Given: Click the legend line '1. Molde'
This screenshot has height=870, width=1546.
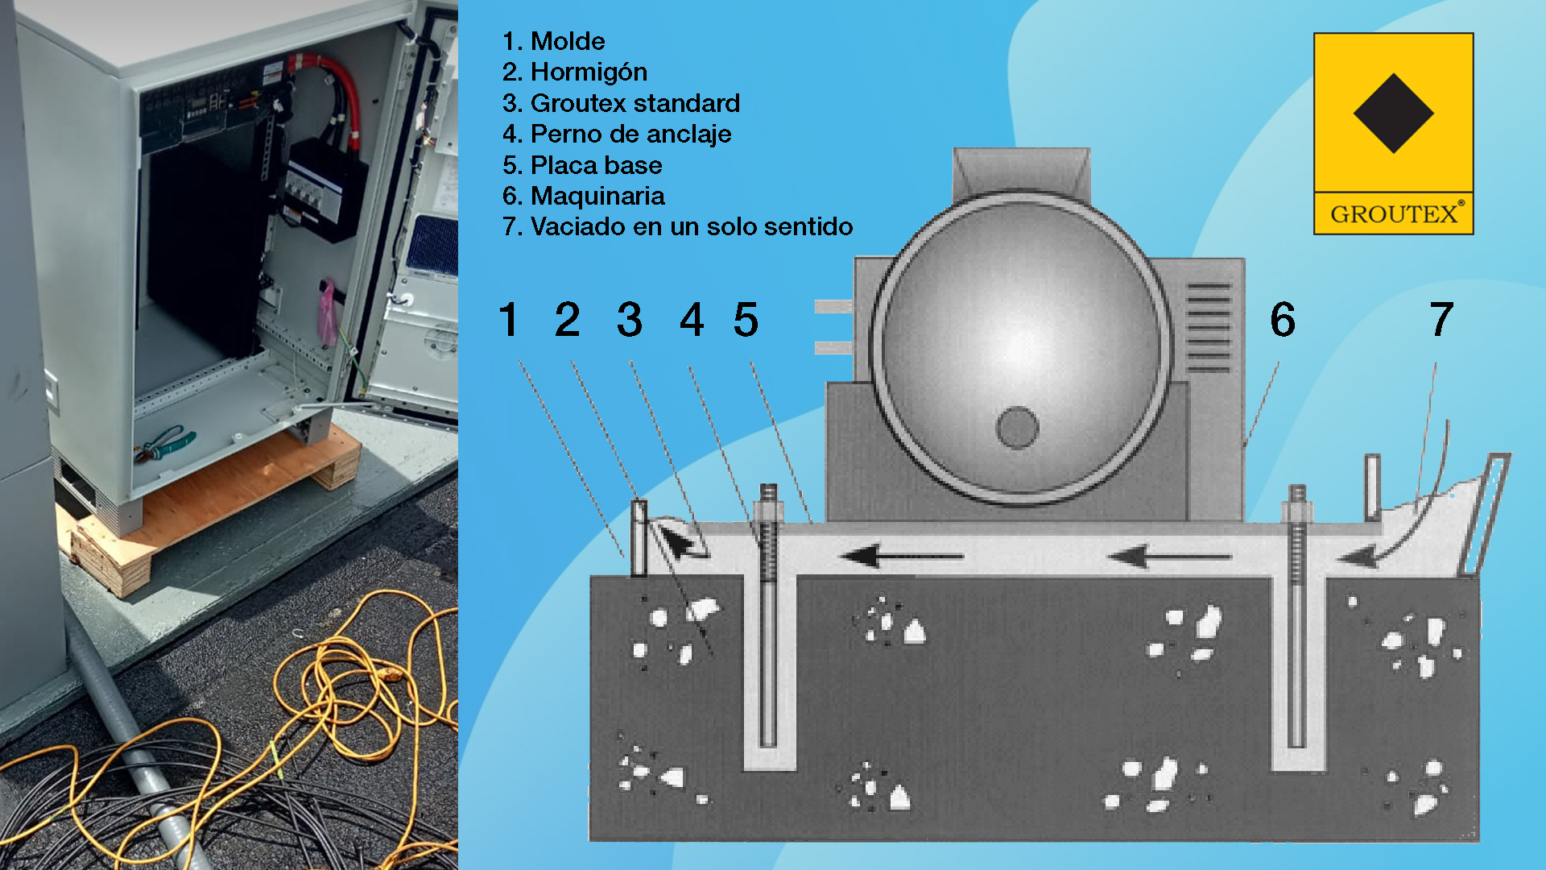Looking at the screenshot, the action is coord(553,41).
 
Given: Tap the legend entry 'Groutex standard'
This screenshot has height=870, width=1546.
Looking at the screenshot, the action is coord(635,103).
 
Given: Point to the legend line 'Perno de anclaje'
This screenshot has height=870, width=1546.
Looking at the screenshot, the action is coord(631,134).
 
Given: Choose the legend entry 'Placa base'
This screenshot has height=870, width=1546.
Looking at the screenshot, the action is coord(597,165).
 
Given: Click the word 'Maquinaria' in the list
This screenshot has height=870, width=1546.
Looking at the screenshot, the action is coord(597,196).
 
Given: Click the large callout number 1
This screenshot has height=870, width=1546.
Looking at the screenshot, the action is coord(508,319).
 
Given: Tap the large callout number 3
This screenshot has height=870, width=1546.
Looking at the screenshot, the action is coord(630,319).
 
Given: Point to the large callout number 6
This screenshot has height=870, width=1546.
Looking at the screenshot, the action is coord(1283,319).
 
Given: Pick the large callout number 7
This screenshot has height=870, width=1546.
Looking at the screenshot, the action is coord(1441,319).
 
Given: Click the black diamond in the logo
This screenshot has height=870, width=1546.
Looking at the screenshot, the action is coord(1393,113).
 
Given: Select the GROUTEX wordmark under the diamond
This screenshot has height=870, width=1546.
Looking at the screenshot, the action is coord(1394,214).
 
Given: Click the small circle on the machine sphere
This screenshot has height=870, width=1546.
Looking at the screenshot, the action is coord(1017,427).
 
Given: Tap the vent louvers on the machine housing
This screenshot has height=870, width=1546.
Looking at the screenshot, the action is coord(1209,327).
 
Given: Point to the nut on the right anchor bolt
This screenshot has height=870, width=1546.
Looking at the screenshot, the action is coord(1296,510).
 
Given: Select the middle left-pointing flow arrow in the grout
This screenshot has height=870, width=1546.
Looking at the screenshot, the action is coord(901,556).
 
